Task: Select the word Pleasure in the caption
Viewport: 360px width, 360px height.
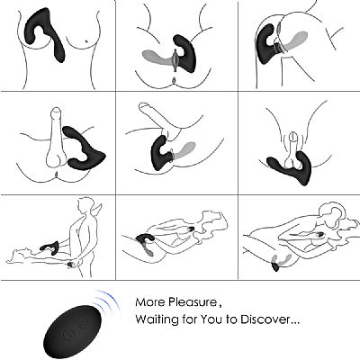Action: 192,301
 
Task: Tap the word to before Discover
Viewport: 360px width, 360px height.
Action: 232,319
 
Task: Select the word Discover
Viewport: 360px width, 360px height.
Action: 263,319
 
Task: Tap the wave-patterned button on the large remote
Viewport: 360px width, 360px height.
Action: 82,323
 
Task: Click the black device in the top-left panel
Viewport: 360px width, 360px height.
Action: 45,33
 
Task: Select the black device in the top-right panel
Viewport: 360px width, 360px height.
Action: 265,45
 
